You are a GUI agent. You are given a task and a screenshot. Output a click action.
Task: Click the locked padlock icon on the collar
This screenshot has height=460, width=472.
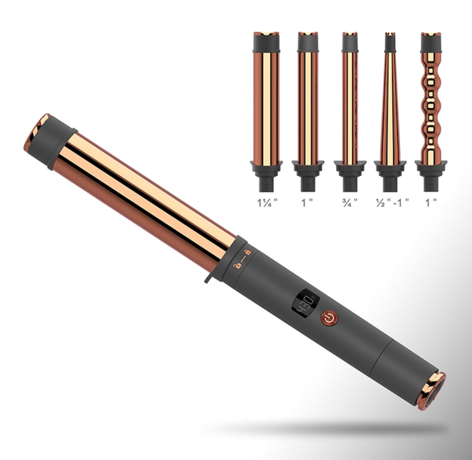(x=247, y=252)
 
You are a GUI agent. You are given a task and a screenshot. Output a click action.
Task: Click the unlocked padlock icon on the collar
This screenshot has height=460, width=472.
(x=237, y=265)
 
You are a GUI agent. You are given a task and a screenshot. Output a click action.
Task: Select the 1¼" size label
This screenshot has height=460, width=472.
(x=267, y=203)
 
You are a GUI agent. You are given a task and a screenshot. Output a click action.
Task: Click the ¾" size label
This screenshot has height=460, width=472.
(x=350, y=203)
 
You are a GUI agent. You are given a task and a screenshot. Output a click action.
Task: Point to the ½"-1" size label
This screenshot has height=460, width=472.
(x=392, y=203)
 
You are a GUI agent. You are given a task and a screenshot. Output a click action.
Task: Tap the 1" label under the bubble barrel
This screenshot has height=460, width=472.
(x=431, y=203)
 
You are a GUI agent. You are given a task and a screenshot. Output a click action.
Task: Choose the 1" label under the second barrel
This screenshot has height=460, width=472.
(x=307, y=203)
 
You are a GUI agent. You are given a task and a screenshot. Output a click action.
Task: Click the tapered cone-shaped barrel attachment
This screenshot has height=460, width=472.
(x=390, y=112)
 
